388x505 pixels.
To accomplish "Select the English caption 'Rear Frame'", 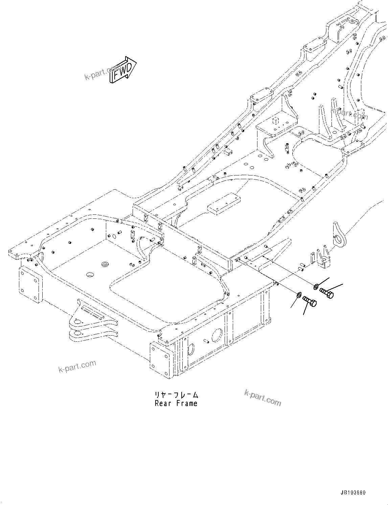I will click(176, 403).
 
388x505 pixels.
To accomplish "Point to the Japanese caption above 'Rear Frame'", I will click(176, 395).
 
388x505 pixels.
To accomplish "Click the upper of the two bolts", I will click(327, 292).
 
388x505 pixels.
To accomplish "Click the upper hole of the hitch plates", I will click(77, 322).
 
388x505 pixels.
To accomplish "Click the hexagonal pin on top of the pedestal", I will click(275, 120).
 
